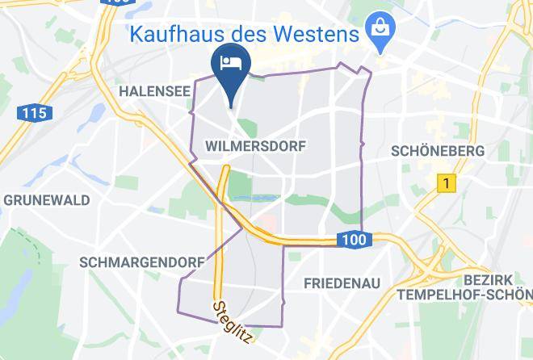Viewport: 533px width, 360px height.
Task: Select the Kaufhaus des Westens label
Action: point(243,35)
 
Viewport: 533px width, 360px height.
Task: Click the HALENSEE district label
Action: point(153,92)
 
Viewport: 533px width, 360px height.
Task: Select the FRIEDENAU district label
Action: point(342,283)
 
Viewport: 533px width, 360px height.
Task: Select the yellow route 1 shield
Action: point(443,183)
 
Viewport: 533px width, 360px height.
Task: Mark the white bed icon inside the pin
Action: point(231,62)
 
